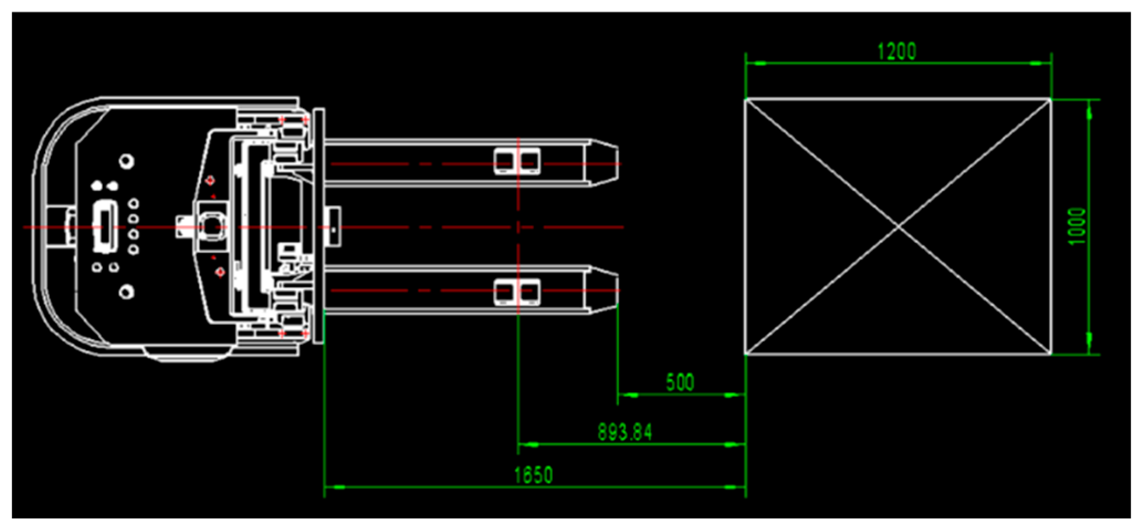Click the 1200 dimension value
tap(896, 51)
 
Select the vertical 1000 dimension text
tap(1077, 226)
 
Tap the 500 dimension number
tap(680, 382)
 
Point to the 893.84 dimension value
tap(624, 432)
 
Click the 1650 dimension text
tap(533, 475)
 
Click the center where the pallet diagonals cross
tap(898, 227)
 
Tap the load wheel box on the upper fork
tap(517, 162)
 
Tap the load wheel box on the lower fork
tap(517, 291)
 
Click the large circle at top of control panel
tap(127, 162)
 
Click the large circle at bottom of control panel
tap(127, 291)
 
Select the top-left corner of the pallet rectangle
tap(746, 100)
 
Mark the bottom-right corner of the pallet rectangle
tap(1050, 353)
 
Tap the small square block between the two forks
tap(333, 227)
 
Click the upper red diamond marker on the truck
tap(210, 180)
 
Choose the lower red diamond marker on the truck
tap(220, 272)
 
